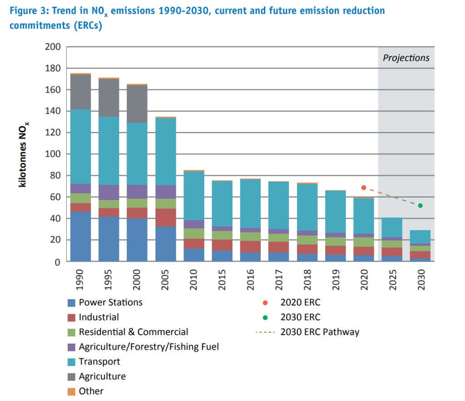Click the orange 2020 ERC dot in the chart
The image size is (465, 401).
[363, 187]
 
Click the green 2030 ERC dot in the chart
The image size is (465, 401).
[420, 206]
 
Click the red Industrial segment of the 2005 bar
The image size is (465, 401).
[165, 217]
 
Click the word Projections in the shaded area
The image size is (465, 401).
[406, 58]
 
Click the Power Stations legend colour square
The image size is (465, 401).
[71, 303]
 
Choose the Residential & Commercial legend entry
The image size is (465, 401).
[133, 332]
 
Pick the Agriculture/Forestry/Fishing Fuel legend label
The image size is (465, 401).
[148, 347]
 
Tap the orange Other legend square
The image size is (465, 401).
[71, 391]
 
